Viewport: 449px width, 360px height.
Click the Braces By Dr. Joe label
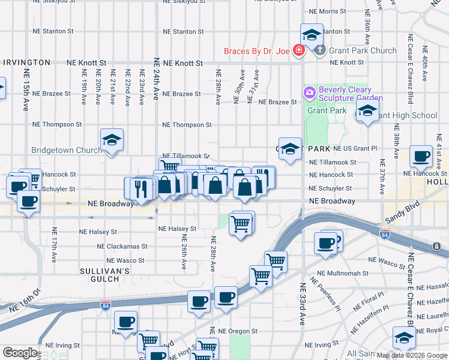257,51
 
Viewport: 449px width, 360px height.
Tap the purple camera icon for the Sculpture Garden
309,92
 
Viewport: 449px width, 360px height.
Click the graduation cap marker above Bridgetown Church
112,140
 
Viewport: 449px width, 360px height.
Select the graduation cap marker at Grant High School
367,111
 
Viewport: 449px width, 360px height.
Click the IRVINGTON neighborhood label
26,62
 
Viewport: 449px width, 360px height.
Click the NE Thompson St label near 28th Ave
187,125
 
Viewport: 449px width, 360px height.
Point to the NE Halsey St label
177,229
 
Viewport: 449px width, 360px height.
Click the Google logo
20,353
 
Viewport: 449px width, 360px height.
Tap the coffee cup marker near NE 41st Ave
421,156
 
